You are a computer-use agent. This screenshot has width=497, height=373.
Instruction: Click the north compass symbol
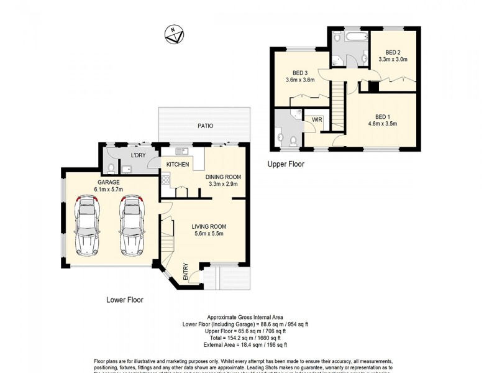[x=173, y=34]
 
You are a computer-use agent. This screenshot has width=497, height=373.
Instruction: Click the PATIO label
[x=206, y=126]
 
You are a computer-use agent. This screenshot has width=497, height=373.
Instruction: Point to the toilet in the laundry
[x=110, y=167]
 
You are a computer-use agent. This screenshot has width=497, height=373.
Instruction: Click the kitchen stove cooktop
[x=165, y=181]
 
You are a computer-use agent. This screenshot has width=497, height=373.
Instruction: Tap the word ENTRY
[x=185, y=272]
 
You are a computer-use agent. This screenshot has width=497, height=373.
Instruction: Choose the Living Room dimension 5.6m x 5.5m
[x=208, y=234]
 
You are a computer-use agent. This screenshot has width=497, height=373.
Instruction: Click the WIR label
[x=316, y=119]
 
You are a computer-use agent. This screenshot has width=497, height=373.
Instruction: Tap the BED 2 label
[x=393, y=52]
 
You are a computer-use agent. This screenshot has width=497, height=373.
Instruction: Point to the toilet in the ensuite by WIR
[x=281, y=137]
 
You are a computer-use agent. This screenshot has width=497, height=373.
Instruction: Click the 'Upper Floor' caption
[x=286, y=165]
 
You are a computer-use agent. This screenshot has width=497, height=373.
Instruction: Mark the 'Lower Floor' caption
[x=124, y=300]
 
